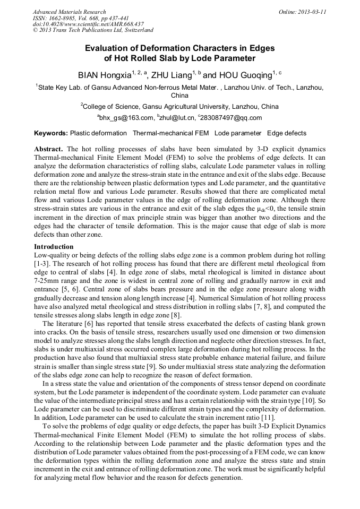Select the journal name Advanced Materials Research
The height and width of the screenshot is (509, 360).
click(x=70, y=11)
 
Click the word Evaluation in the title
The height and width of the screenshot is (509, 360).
click(x=108, y=48)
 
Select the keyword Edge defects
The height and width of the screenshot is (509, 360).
click(x=287, y=133)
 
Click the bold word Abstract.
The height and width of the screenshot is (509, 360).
click(x=49, y=149)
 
